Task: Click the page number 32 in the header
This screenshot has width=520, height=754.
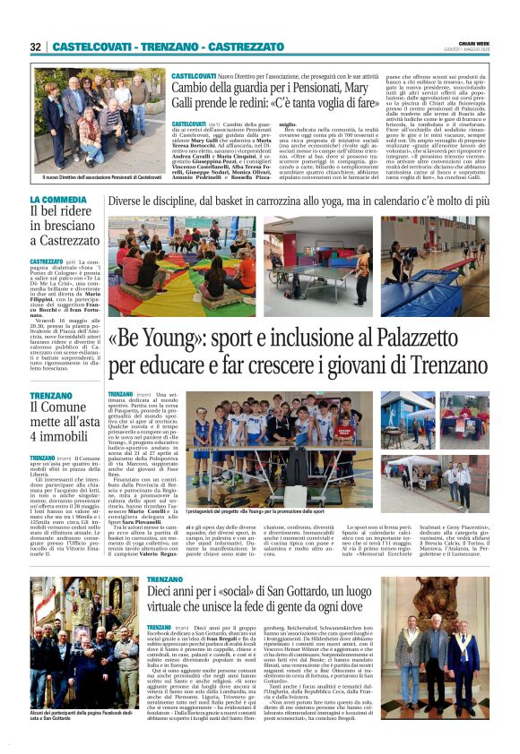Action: pyautogui.click(x=35, y=47)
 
